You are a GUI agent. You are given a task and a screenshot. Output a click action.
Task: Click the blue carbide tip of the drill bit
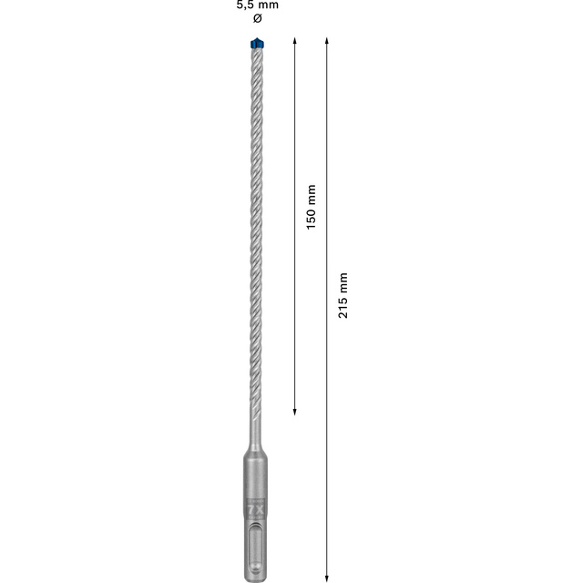click(255, 43)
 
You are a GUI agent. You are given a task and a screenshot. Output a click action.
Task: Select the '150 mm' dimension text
click(311, 207)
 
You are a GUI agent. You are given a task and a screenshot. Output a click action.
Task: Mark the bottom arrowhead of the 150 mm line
click(294, 411)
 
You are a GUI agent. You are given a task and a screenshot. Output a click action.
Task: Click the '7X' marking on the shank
click(255, 509)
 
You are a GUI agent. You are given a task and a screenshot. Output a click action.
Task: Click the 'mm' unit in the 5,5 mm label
click(268, 5)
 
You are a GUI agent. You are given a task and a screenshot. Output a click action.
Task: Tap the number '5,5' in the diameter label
click(244, 5)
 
